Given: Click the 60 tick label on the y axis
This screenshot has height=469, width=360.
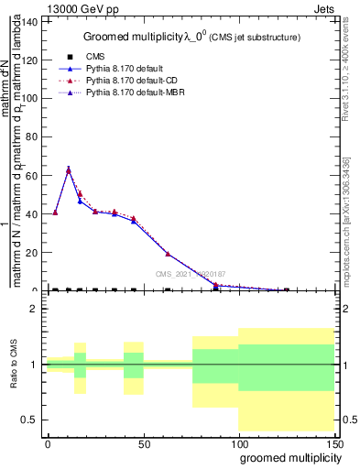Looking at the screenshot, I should tap(33, 175).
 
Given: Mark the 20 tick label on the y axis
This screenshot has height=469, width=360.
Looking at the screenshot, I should tap(33, 253).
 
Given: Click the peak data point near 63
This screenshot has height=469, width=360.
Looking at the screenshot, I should tap(69, 169).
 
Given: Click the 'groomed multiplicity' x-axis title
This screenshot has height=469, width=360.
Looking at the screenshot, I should tap(287, 457).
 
